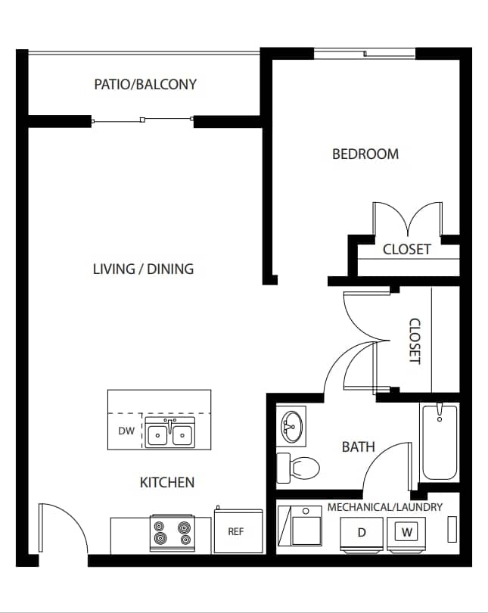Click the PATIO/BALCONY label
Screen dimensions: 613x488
(x=145, y=84)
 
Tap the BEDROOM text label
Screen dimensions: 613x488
(x=365, y=154)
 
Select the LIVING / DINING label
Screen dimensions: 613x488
(x=143, y=269)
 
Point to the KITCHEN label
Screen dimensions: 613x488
(x=167, y=482)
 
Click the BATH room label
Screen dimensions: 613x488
(x=358, y=447)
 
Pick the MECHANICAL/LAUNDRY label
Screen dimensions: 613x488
(x=384, y=507)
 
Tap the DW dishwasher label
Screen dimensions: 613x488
(x=126, y=431)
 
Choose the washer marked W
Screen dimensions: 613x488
(x=407, y=532)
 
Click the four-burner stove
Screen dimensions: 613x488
(x=171, y=534)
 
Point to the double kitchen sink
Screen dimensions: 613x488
(x=170, y=433)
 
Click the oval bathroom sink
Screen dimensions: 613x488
(x=291, y=426)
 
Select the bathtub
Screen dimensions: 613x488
(x=439, y=443)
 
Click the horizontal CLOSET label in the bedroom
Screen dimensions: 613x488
(x=407, y=249)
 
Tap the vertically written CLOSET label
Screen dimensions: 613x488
(x=415, y=341)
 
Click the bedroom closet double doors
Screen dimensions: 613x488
(x=408, y=219)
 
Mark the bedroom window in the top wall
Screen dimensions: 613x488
(x=365, y=54)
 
